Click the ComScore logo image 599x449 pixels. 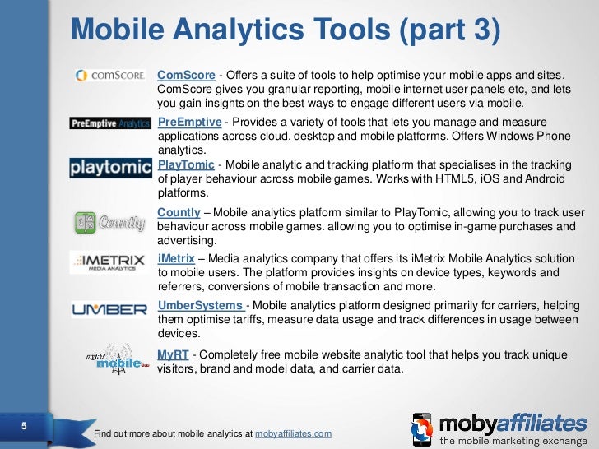pyautogui.click(x=110, y=75)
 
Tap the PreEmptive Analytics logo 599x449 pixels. pyautogui.click(x=110, y=123)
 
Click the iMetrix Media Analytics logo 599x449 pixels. pyautogui.click(x=110, y=262)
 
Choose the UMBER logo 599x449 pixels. pyautogui.click(x=110, y=310)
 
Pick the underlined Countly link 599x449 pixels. pyautogui.click(x=179, y=213)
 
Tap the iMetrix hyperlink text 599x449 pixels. pyautogui.click(x=175, y=258)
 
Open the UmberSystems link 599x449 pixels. pyautogui.click(x=200, y=306)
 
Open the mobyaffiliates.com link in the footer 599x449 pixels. pyautogui.click(x=294, y=433)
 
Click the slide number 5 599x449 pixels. pyautogui.click(x=23, y=426)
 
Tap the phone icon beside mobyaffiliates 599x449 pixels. pyautogui.click(x=422, y=429)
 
